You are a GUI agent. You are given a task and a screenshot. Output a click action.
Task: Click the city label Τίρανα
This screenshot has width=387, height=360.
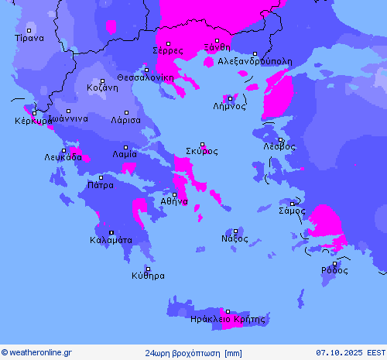coord(29,37)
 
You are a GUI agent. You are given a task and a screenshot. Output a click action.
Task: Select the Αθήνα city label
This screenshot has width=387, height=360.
coord(174,201)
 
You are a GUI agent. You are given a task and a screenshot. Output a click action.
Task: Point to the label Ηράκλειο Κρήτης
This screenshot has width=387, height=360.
coord(228,318)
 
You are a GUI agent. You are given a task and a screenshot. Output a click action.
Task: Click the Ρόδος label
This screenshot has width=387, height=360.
coord(335,271)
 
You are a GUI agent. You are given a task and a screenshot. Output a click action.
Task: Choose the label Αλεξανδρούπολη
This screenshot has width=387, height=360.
coord(255,60)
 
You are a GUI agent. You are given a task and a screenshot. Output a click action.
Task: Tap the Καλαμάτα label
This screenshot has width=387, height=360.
coord(111,240)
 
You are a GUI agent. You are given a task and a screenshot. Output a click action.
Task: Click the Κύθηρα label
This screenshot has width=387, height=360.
coord(148,276)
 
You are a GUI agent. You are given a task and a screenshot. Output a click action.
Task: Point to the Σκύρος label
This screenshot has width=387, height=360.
coord(201,151)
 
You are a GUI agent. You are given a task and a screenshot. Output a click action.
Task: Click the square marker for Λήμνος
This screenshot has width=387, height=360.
coord(230,98)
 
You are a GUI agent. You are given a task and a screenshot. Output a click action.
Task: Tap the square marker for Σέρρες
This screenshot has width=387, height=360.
coord(168,43)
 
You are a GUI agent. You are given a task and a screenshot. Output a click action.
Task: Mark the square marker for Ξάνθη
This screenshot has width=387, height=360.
coord(217,40)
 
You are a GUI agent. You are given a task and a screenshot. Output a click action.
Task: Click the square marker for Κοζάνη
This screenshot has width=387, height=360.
coord(102,81)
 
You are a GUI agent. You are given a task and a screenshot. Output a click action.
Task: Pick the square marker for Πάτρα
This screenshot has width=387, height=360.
coord(100,177)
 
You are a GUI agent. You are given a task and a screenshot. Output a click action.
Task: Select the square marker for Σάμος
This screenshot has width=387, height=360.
coord(292,203)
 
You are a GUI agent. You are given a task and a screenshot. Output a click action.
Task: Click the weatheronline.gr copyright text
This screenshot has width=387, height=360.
coord(36,352)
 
